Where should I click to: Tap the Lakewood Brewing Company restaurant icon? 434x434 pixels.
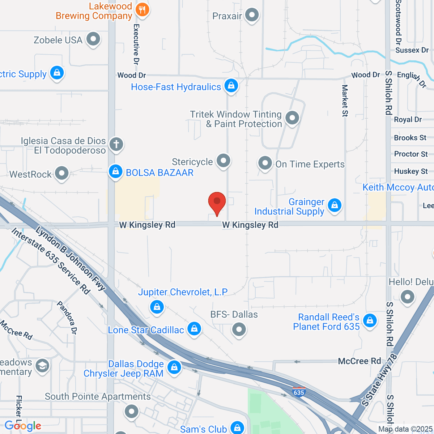click(142, 10)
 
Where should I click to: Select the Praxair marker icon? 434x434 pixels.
click(252, 15)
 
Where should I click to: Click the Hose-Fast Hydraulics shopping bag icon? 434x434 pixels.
click(231, 86)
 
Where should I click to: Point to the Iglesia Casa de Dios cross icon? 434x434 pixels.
click(116, 144)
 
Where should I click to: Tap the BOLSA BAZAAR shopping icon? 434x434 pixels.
click(116, 171)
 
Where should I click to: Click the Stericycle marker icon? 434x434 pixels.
click(223, 160)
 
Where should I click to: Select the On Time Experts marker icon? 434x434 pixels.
click(265, 163)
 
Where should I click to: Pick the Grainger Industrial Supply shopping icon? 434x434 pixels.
click(335, 205)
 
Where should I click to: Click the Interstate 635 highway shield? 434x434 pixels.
click(299, 392)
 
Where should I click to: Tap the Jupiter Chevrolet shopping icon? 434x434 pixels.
click(157, 307)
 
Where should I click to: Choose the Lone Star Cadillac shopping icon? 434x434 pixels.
click(194, 328)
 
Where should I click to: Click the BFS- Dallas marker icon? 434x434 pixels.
click(239, 329)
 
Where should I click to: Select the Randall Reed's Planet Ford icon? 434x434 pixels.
click(370, 320)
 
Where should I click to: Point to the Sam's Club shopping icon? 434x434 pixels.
click(237, 428)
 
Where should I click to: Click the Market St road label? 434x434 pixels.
click(345, 101)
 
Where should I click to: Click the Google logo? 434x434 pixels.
click(23, 426)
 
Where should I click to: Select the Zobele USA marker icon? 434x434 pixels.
click(93, 39)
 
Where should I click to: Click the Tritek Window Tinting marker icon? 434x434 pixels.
click(292, 118)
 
